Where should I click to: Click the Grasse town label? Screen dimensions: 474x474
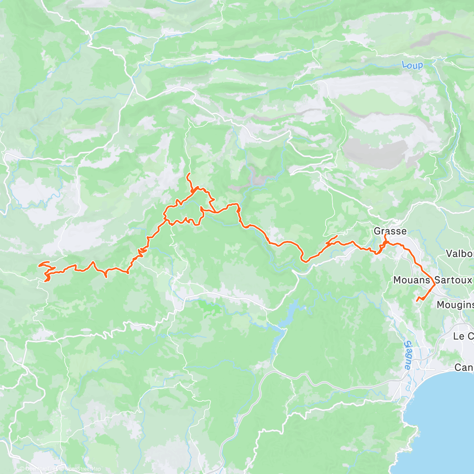[x=390, y=231]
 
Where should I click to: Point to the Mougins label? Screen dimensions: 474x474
[x=455, y=305]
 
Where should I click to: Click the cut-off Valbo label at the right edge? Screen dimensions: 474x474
[x=459, y=253]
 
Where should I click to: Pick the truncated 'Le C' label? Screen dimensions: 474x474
[x=463, y=336]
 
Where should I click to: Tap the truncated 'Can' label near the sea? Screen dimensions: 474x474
[x=463, y=367]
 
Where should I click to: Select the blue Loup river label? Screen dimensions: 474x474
[x=412, y=65]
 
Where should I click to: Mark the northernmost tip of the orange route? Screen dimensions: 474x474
[x=188, y=174]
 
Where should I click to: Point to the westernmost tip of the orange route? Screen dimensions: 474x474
[x=38, y=265]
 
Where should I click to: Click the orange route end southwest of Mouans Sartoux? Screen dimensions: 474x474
[x=417, y=301]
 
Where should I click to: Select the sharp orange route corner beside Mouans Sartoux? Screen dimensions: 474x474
[x=435, y=284]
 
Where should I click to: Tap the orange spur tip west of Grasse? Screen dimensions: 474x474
[x=337, y=236]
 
